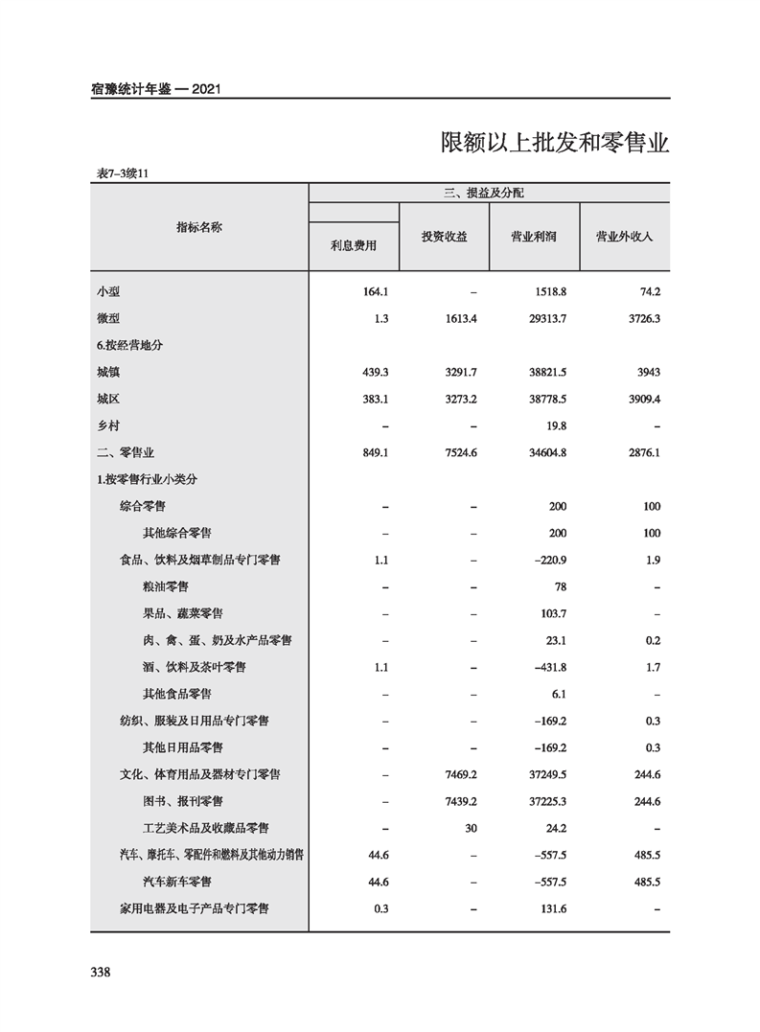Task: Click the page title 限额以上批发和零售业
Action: [554, 143]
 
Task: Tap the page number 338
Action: [101, 973]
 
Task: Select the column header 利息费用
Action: [354, 245]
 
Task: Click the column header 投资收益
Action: [444, 237]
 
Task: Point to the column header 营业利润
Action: [534, 237]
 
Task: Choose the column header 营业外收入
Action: [624, 237]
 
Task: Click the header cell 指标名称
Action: [199, 227]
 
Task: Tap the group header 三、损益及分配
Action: [489, 193]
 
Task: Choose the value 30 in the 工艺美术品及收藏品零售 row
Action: [470, 828]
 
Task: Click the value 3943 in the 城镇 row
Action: [647, 372]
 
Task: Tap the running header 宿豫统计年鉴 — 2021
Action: [157, 89]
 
